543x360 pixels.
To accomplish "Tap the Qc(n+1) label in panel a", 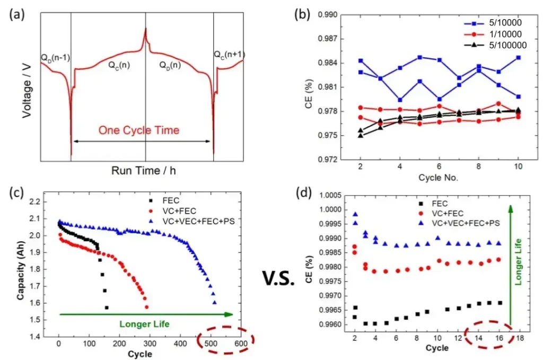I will [229, 55].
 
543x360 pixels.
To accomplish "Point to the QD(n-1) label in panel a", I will [56, 56].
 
